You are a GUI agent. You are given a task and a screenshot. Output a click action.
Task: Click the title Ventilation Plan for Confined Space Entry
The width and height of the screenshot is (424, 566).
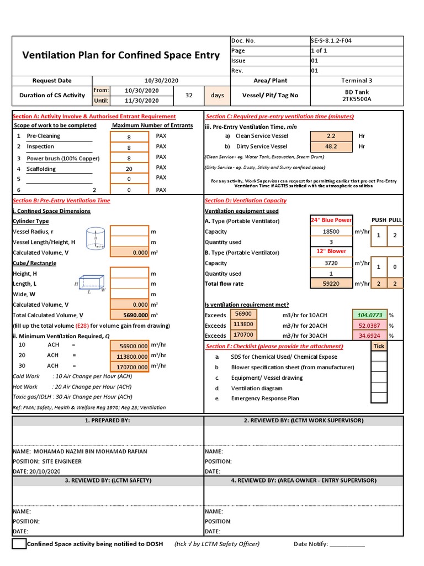pyautogui.click(x=120, y=55)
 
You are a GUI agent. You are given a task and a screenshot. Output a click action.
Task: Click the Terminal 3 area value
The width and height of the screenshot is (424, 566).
pyautogui.click(x=357, y=81)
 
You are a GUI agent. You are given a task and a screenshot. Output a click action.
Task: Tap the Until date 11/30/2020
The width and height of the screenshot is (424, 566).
pyautogui.click(x=142, y=101)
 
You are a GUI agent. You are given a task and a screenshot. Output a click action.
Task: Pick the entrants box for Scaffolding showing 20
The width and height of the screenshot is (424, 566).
pyautogui.click(x=129, y=169)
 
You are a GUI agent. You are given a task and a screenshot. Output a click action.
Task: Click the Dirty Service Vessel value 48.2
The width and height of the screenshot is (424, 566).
pyautogui.click(x=331, y=146)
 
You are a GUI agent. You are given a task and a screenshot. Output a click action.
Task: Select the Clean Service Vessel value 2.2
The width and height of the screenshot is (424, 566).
pyautogui.click(x=331, y=135)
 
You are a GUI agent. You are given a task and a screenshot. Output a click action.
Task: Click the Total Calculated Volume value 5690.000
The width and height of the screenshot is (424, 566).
pyautogui.click(x=129, y=315)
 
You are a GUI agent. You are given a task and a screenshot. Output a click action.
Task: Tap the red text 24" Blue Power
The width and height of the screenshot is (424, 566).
pyautogui.click(x=331, y=220)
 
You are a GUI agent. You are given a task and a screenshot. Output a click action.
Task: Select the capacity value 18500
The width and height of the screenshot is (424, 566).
pyautogui.click(x=331, y=232)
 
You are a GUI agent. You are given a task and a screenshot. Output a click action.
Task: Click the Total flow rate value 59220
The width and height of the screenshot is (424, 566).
pyautogui.click(x=331, y=284)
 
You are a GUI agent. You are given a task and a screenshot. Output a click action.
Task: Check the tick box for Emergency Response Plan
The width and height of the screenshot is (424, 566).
pyautogui.click(x=379, y=398)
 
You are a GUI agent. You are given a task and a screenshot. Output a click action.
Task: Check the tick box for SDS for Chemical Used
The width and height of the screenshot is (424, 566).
pyautogui.click(x=379, y=357)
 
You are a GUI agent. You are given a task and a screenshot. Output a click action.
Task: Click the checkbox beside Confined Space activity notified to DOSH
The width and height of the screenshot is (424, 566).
pyautogui.click(x=19, y=544)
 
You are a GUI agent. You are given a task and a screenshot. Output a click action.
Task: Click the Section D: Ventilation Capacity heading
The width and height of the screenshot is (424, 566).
pyautogui.click(x=246, y=201)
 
